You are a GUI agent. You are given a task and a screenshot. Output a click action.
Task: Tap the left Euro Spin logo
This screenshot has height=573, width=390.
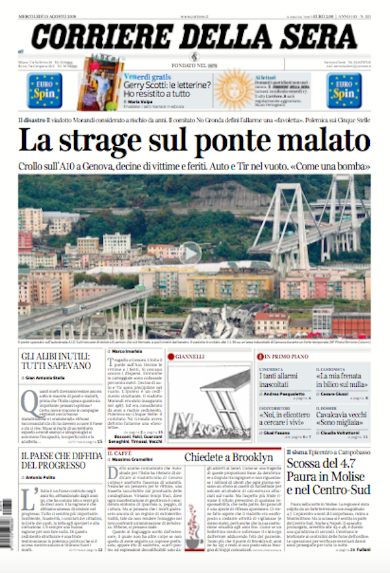point(45,90)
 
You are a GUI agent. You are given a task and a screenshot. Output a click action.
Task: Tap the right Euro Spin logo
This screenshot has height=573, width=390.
point(344,90)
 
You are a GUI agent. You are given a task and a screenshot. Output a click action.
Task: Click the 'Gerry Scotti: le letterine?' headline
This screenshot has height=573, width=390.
point(167,85)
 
